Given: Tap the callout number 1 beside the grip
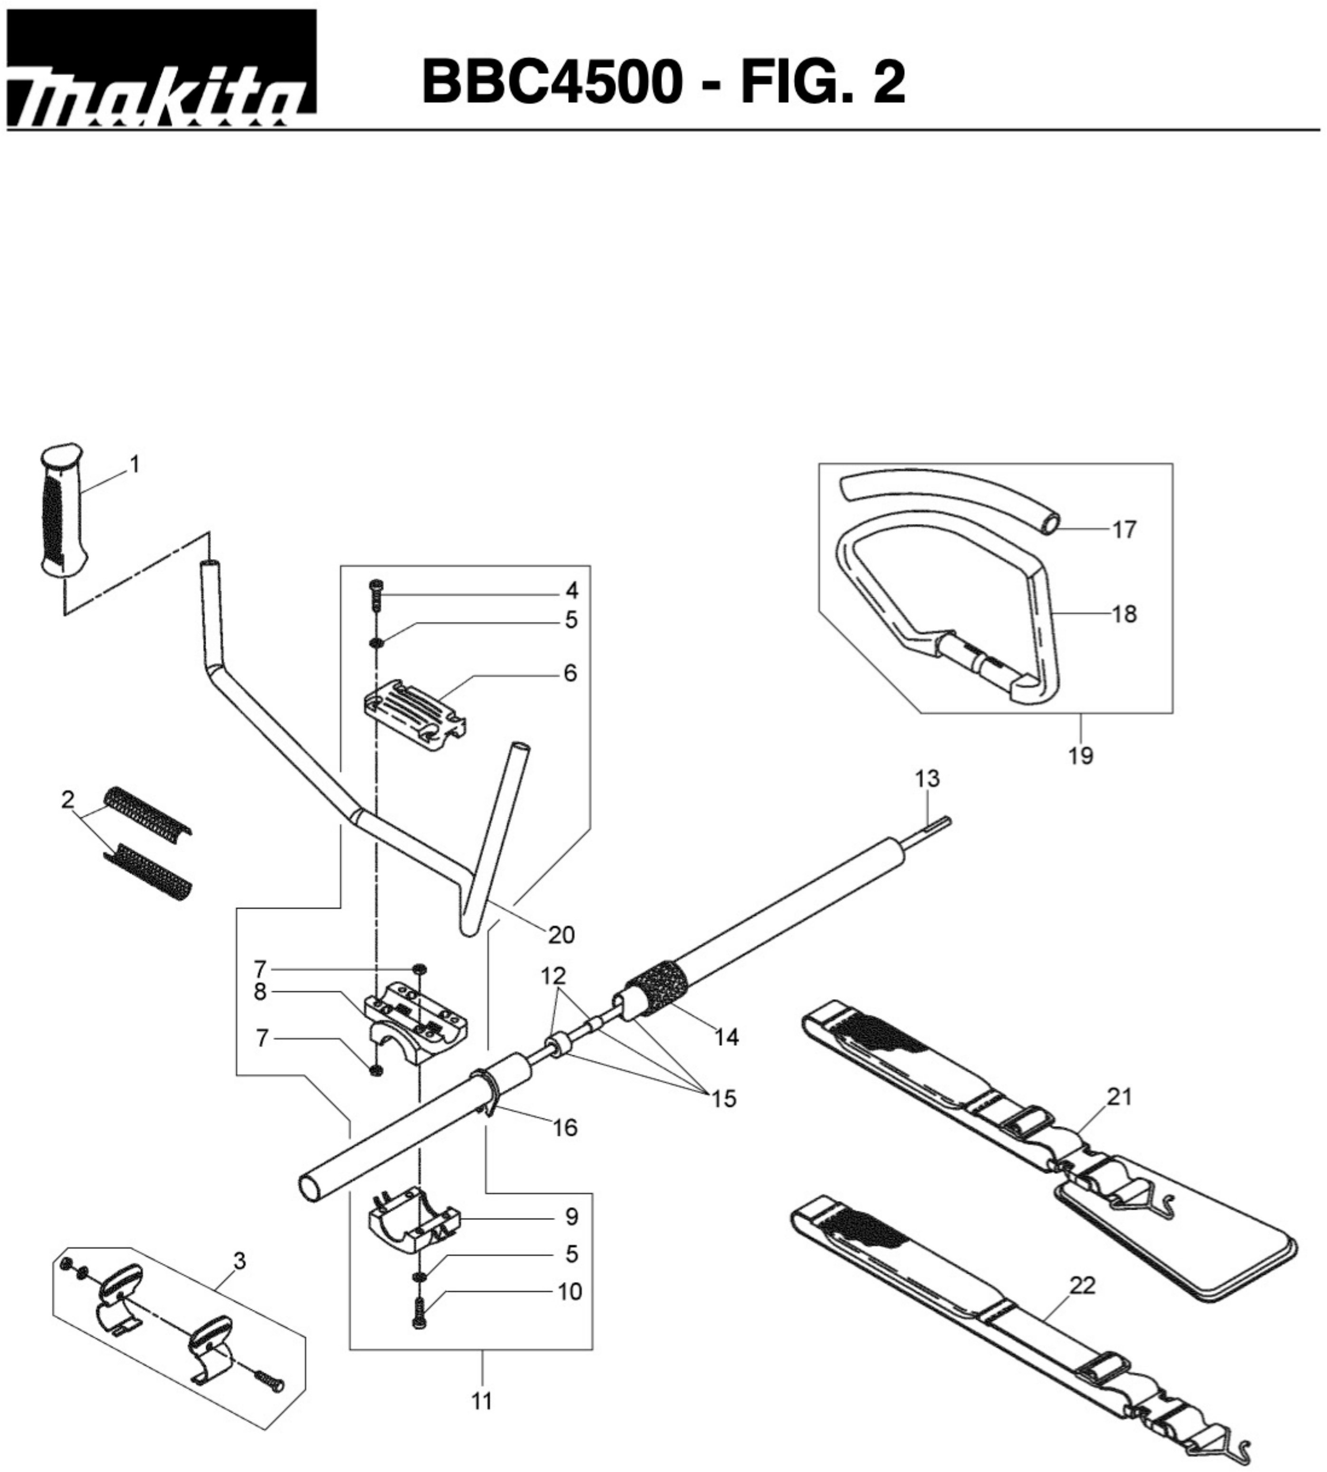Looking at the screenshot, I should pos(134,464).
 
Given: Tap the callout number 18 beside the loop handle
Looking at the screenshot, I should pos(1125,613).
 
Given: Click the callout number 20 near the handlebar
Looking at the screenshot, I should pos(561,934).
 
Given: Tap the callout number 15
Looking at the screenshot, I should pos(723,1098).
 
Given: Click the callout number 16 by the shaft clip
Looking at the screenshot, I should pos(565,1128).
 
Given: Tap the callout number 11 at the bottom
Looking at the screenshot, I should pos(481,1401).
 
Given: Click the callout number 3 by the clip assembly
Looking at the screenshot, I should pos(239,1260).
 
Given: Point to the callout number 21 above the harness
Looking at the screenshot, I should pos(1119,1096).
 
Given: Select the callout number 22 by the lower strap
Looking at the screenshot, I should pos(1082,1285).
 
